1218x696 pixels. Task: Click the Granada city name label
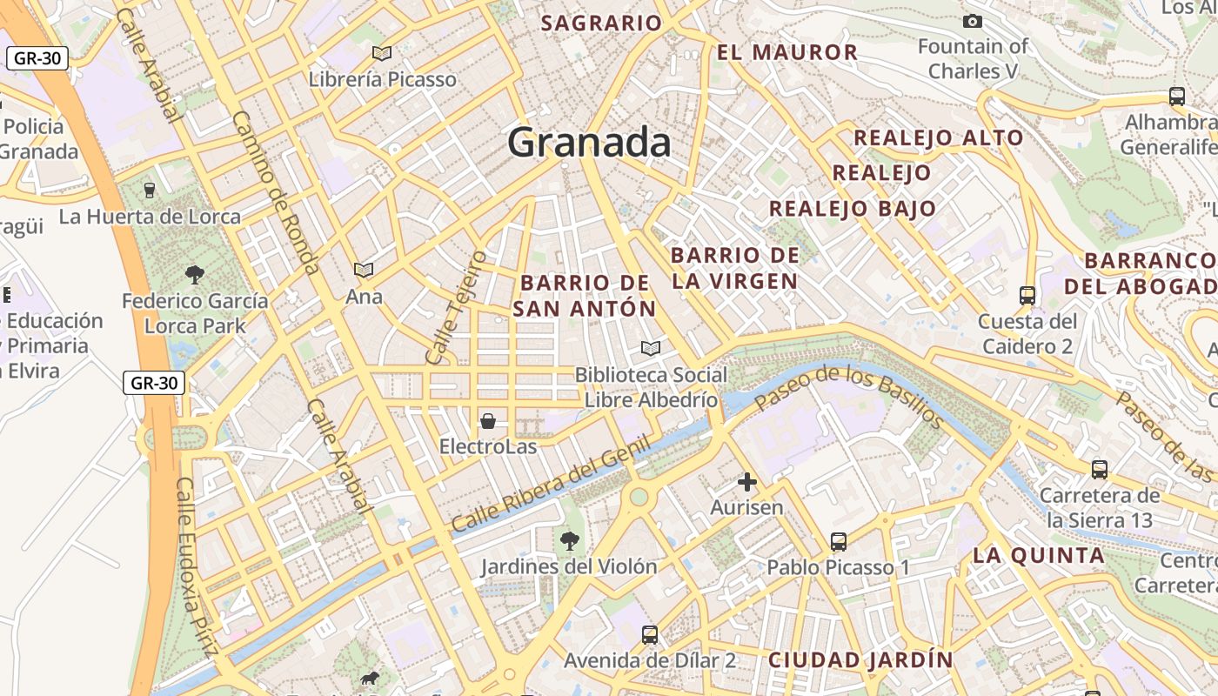589,142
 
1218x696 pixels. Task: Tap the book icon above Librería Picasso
382,53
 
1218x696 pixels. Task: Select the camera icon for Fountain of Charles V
972,21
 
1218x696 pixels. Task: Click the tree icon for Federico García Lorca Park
195,275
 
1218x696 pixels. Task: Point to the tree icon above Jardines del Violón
570,541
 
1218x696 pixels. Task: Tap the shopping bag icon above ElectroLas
488,422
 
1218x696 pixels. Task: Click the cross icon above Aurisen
747,481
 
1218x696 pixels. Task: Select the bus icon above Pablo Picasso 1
838,542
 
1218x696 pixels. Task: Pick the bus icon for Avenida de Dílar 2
650,635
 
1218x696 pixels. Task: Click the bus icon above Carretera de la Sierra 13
1100,470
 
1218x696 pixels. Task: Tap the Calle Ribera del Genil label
551,484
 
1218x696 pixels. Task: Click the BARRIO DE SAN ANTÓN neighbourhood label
585,296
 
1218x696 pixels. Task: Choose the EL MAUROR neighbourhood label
787,52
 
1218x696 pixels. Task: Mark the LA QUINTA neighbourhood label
1038,555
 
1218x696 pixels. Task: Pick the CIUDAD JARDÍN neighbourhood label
860,659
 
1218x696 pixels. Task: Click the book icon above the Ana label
364,271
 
